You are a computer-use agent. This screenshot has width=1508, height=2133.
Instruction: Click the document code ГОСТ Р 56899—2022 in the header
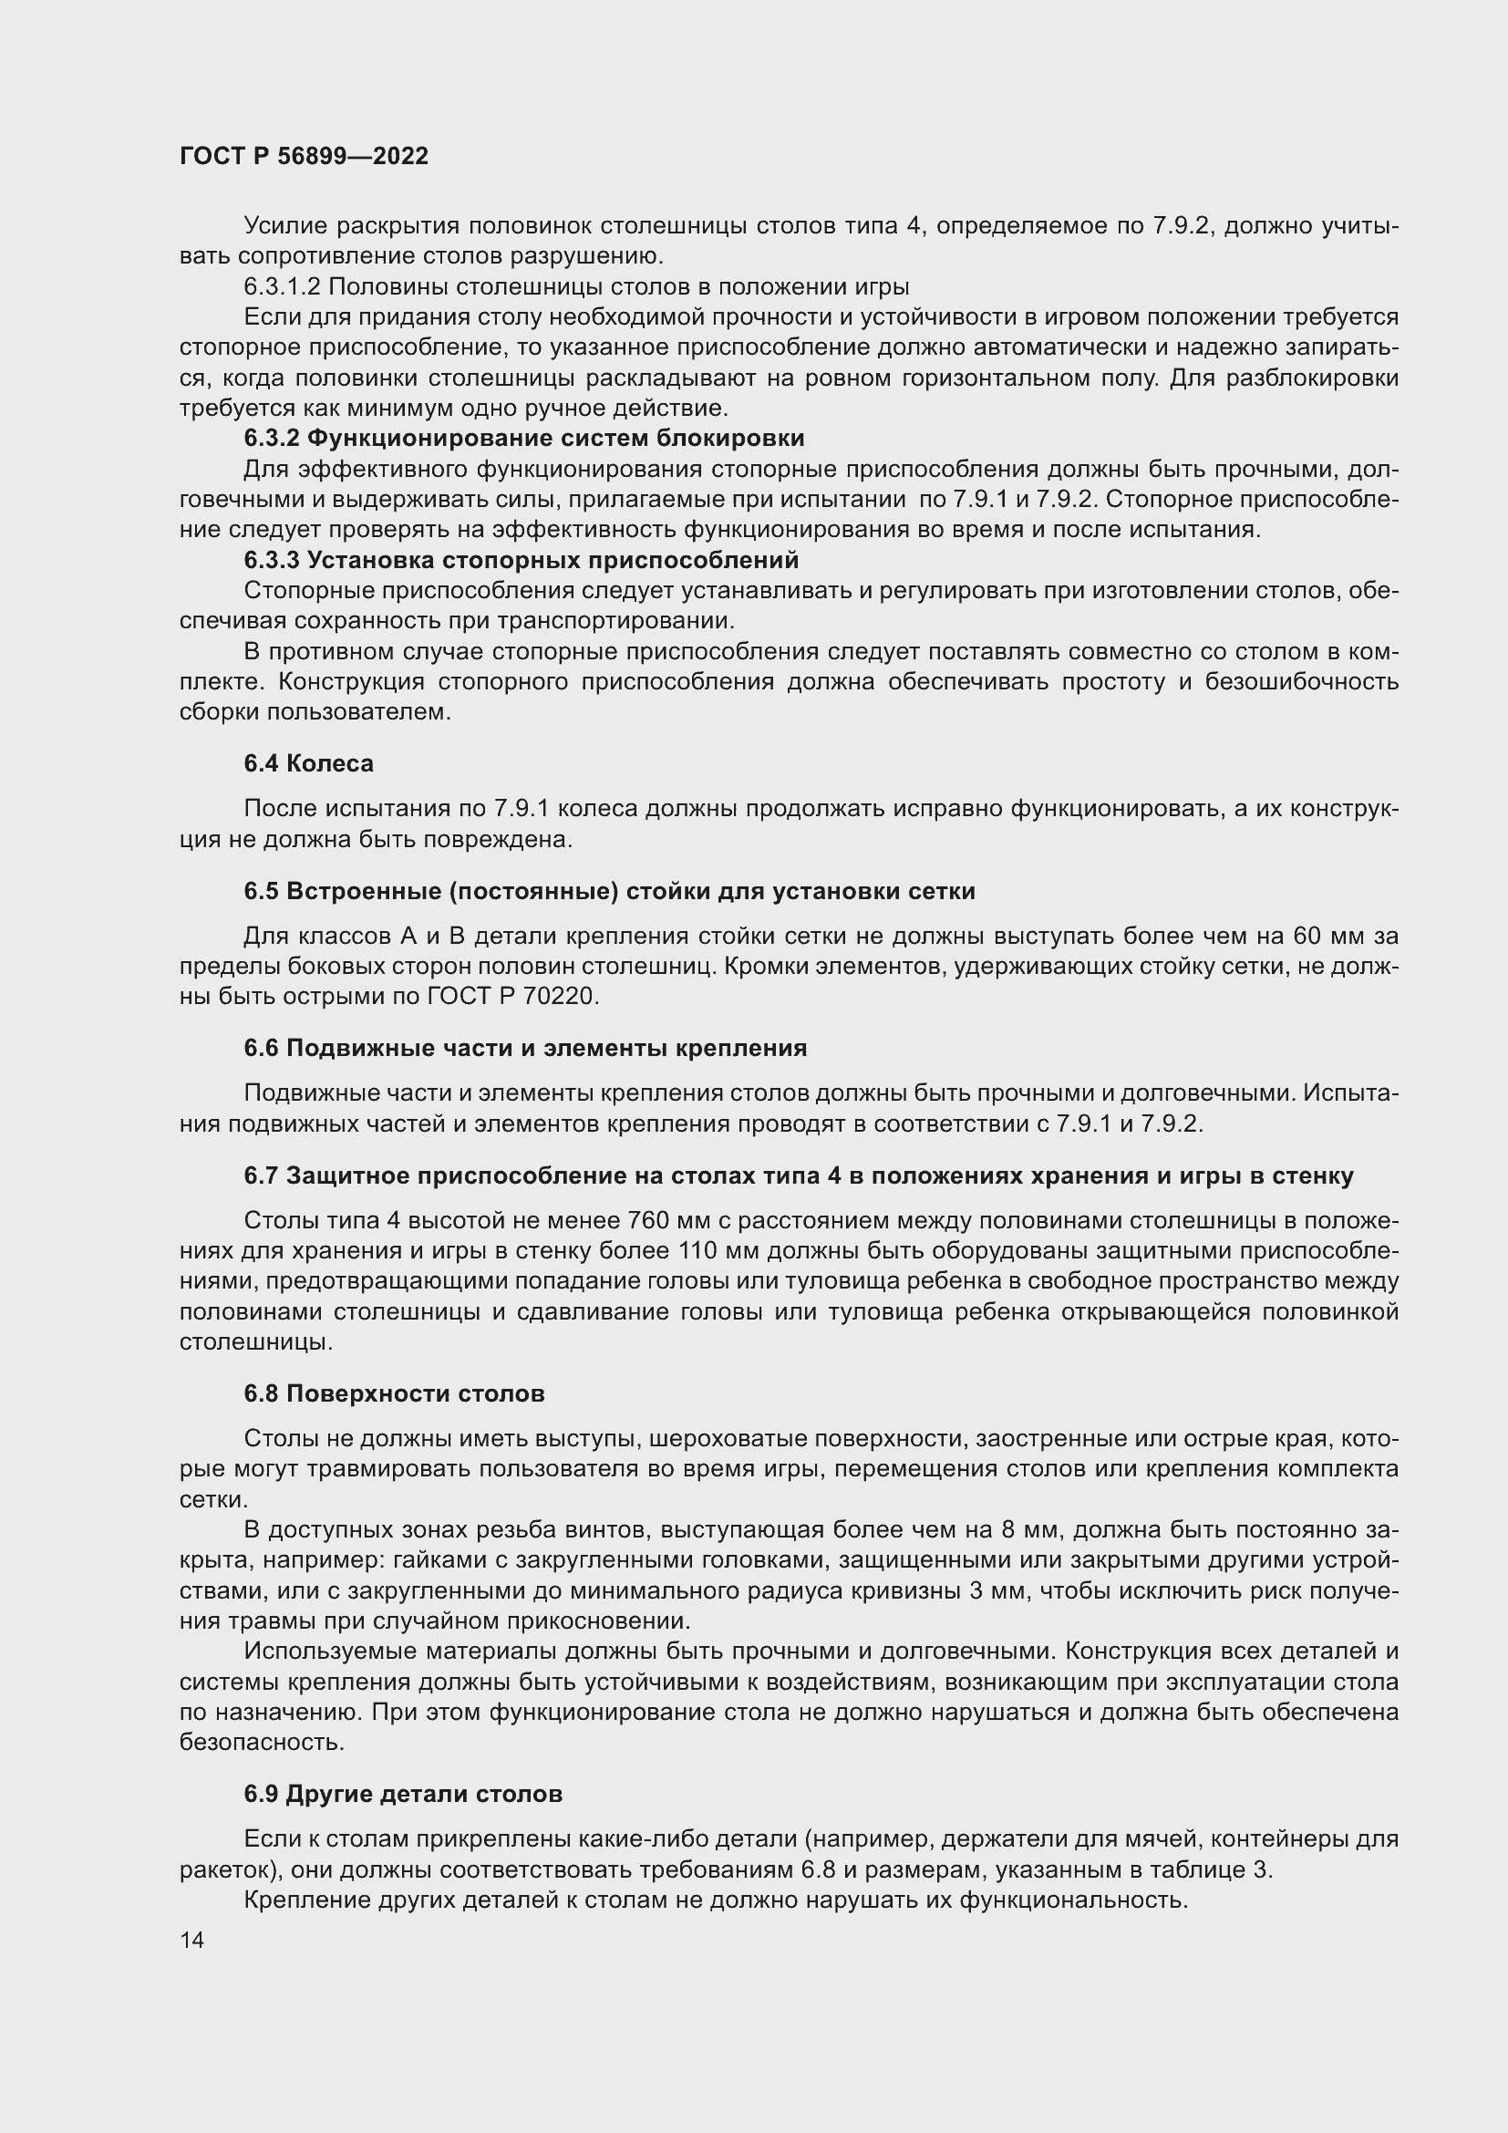click(x=304, y=156)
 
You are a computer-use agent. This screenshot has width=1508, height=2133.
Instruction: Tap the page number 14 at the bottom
click(x=192, y=1940)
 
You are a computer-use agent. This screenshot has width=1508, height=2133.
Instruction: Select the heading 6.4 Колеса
click(x=308, y=763)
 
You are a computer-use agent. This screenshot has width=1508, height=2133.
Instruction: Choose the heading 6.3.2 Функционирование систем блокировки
click(x=523, y=438)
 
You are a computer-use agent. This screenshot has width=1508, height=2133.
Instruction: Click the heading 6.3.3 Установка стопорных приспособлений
click(x=521, y=560)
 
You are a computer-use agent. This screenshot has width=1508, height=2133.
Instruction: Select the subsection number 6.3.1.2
click(x=282, y=286)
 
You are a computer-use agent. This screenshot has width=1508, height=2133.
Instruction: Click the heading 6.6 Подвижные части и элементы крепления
click(x=525, y=1048)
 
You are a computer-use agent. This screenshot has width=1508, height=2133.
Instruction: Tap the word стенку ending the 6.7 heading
click(x=1313, y=1176)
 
